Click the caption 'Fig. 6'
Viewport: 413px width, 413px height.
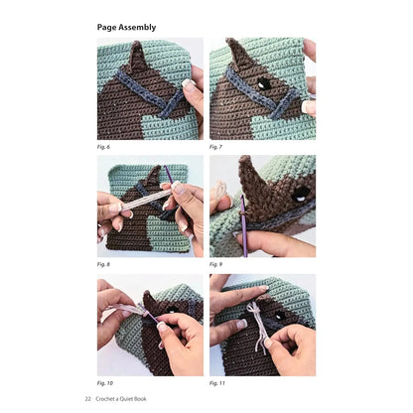(x=103, y=146)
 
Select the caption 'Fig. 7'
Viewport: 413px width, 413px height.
(x=216, y=146)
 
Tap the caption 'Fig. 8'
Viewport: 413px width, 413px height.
(x=103, y=264)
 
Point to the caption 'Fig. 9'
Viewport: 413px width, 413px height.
(x=216, y=264)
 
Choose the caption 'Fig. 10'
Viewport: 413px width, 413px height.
(x=104, y=381)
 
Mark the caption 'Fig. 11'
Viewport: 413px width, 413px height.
(x=217, y=381)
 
